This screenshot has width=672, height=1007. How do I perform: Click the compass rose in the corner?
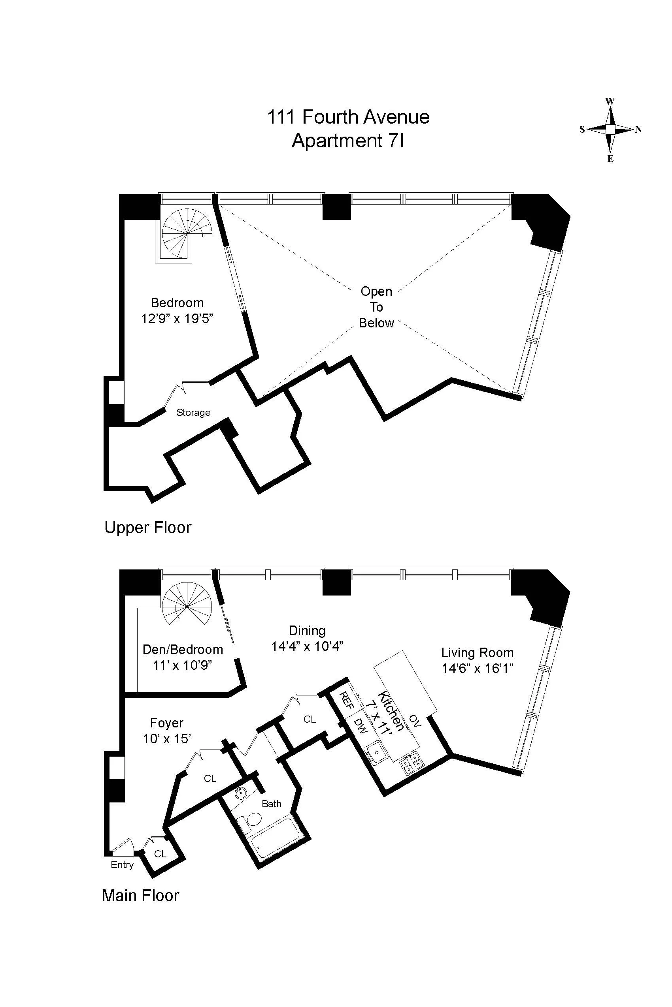pyautogui.click(x=610, y=129)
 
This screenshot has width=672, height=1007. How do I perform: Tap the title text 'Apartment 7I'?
pyautogui.click(x=348, y=141)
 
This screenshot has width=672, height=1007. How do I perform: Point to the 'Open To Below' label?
pyautogui.click(x=376, y=307)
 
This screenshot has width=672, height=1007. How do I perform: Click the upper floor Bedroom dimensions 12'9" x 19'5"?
pyautogui.click(x=177, y=319)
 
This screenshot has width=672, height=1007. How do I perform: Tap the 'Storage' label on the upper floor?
pyautogui.click(x=193, y=412)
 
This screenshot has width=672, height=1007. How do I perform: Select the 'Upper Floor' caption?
pyautogui.click(x=148, y=528)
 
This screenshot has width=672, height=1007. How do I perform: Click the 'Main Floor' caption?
pyautogui.click(x=140, y=895)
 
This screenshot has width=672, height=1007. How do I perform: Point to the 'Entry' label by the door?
pyautogui.click(x=122, y=864)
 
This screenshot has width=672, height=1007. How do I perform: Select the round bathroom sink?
pyautogui.click(x=241, y=793)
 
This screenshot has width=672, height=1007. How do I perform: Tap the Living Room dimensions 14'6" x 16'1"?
pyautogui.click(x=478, y=668)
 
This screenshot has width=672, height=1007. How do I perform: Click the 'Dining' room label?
pyautogui.click(x=307, y=630)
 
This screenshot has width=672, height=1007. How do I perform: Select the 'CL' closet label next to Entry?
pyautogui.click(x=160, y=854)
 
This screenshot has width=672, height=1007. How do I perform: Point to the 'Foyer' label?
pyautogui.click(x=166, y=723)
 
